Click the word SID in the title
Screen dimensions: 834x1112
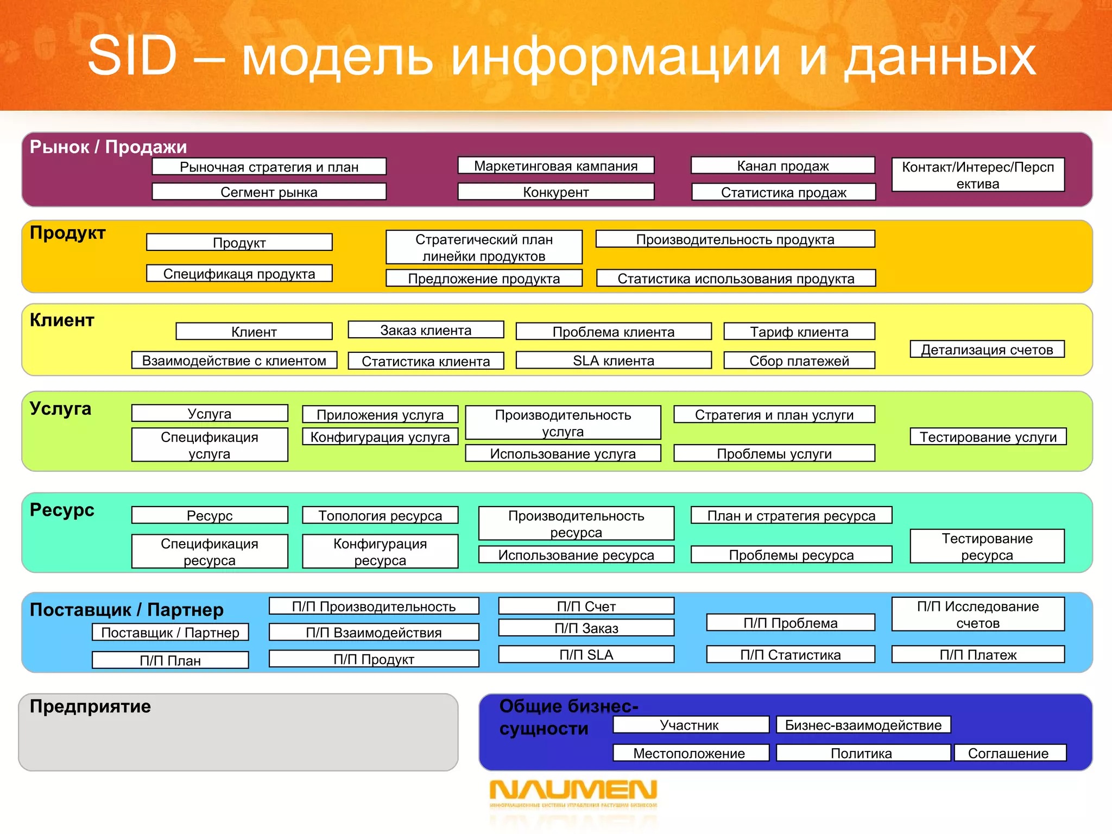[132, 55]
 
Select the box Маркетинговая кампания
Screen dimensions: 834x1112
[555, 166]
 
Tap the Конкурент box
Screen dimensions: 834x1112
[555, 192]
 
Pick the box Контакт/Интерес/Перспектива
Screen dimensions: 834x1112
[977, 175]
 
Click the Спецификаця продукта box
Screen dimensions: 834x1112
[239, 274]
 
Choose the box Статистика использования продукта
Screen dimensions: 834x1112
[736, 279]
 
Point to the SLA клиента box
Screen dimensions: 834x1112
[614, 361]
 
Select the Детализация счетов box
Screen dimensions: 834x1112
[987, 350]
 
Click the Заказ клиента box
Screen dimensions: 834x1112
[426, 330]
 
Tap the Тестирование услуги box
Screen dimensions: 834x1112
[988, 437]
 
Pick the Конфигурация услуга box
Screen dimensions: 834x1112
[380, 437]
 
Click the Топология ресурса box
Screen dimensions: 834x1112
[380, 515]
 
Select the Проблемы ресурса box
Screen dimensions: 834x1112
[791, 555]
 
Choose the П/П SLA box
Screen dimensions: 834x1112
[586, 655]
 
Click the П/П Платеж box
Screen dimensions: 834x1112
[977, 655]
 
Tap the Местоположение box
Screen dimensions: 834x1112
[689, 753]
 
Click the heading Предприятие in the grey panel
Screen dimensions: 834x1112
[90, 706]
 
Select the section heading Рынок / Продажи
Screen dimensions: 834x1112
[108, 147]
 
